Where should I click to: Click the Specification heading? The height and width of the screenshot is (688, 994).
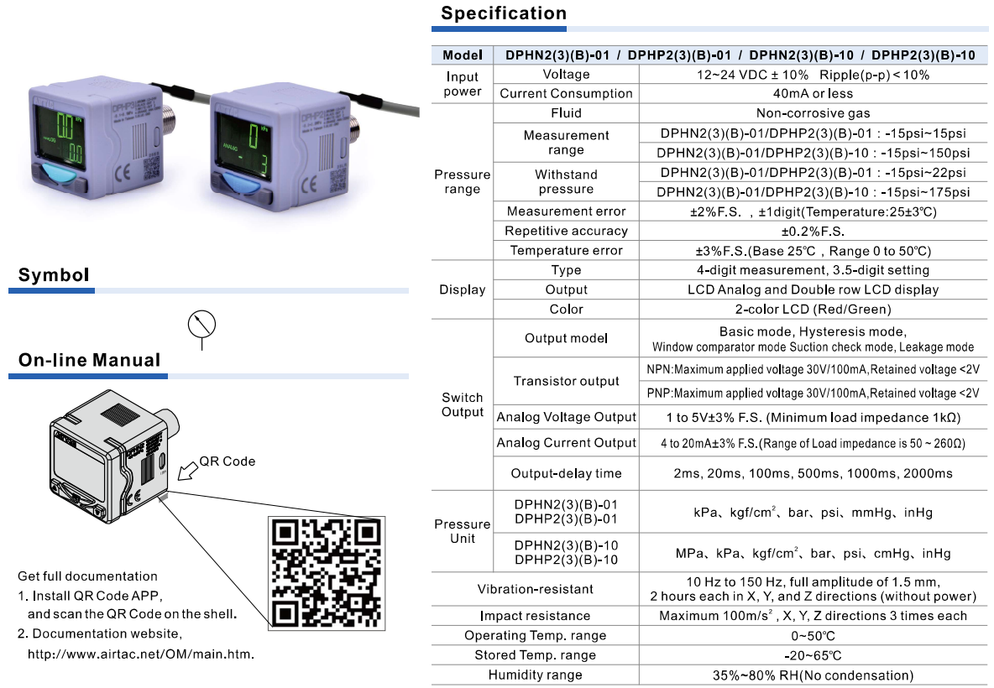504,13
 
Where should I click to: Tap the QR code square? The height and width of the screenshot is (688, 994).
326,572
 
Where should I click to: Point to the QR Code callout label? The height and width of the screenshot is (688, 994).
227,461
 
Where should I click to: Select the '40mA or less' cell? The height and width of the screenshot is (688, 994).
813,94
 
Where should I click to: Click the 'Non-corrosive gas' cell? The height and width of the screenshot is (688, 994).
813,113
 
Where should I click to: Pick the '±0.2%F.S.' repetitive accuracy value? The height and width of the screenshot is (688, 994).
813,231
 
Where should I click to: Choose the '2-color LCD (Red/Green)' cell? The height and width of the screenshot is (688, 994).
813,309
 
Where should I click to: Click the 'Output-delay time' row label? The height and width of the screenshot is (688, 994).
566,473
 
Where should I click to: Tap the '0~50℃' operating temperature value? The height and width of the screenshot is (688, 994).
813,635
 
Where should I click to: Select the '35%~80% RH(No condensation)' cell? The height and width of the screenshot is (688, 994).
813,675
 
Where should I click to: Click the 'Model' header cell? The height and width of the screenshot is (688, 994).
463,55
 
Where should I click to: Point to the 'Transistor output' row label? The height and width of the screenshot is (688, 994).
566,381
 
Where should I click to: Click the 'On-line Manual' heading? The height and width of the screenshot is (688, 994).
90,360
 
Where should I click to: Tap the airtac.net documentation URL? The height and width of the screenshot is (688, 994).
141,654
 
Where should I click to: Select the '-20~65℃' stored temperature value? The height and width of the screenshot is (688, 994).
813,655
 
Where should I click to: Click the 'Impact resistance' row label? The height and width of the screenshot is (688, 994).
535,616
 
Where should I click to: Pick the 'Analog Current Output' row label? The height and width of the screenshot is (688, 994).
566,442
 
